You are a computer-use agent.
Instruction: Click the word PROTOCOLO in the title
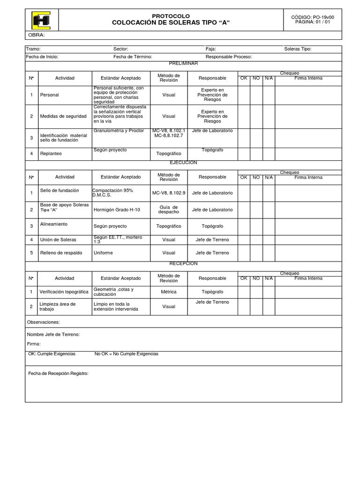171,16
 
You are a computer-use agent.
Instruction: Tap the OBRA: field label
37,35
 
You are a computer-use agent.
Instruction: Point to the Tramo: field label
33,49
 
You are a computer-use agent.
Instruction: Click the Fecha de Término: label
133,57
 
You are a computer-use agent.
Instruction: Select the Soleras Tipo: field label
298,49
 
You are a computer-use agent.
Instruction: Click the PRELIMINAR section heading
183,63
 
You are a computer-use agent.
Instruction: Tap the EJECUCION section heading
183,163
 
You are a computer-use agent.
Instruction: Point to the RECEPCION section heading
183,263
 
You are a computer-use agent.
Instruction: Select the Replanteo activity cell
51,153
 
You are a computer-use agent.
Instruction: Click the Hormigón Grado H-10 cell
117,210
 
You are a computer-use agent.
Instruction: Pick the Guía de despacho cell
169,210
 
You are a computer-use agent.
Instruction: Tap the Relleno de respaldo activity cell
61,253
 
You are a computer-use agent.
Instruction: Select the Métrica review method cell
169,292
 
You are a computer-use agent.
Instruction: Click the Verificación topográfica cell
64,292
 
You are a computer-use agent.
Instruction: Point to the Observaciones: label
44,322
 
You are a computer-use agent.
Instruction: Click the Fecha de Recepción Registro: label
58,373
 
